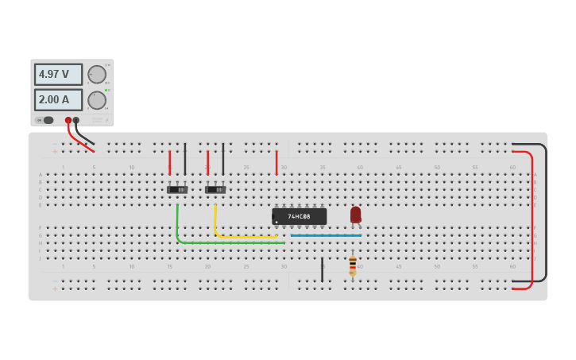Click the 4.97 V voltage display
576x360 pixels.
[x=57, y=75]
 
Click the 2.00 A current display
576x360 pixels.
[x=57, y=100]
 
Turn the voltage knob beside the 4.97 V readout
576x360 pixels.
[x=97, y=75]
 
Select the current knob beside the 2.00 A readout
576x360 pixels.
[x=97, y=100]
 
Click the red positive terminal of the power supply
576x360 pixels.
[x=68, y=120]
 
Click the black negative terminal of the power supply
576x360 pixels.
[x=76, y=120]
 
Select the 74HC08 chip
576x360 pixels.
[x=299, y=216]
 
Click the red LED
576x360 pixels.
[x=355, y=215]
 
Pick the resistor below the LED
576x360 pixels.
[x=353, y=265]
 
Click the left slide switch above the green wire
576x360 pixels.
[x=177, y=189]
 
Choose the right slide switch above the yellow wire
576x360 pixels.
[x=215, y=189]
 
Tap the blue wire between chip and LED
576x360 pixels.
[x=326, y=235]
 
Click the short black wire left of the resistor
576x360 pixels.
[x=322, y=269]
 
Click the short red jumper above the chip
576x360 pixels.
[x=276, y=162]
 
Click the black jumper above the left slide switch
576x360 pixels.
[x=185, y=159]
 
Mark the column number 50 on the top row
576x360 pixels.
[x=437, y=168]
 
